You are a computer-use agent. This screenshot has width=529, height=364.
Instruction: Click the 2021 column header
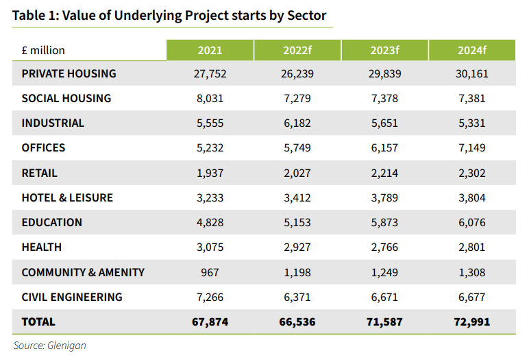tap(210, 50)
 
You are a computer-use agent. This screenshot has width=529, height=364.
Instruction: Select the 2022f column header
tap(297, 50)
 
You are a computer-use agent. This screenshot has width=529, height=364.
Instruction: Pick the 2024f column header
tap(471, 50)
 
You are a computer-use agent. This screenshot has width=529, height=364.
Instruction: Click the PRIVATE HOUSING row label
tap(69, 73)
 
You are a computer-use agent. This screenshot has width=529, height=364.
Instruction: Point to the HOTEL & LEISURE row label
tap(67, 197)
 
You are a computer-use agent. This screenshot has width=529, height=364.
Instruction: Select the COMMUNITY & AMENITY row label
tap(83, 272)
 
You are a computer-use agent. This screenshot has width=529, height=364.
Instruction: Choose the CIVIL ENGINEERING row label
tap(72, 297)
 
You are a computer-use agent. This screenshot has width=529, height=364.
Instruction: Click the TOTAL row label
tap(38, 321)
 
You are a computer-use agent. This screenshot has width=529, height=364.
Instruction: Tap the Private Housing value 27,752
tap(210, 73)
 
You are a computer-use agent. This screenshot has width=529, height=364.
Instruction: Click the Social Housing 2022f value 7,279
tap(297, 98)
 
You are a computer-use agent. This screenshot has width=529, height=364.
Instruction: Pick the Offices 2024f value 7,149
tap(471, 148)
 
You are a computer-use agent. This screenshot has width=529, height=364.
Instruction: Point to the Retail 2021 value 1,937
tap(210, 173)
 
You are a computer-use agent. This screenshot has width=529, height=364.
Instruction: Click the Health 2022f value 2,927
tap(297, 247)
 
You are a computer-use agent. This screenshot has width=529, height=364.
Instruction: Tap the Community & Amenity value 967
tap(210, 272)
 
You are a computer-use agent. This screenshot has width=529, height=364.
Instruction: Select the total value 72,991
tap(471, 321)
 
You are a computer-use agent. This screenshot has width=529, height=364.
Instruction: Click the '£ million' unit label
tap(43, 50)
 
